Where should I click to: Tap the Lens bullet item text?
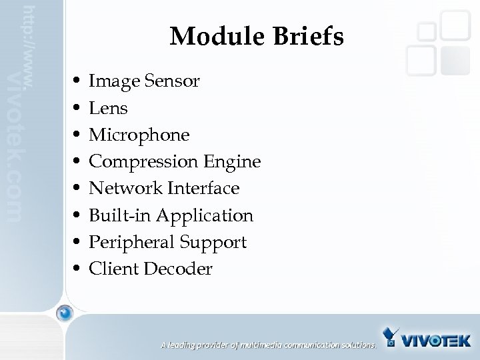point(108,108)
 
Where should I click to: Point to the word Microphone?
point(139,135)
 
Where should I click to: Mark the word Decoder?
point(182,269)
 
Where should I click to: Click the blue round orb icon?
point(65,313)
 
